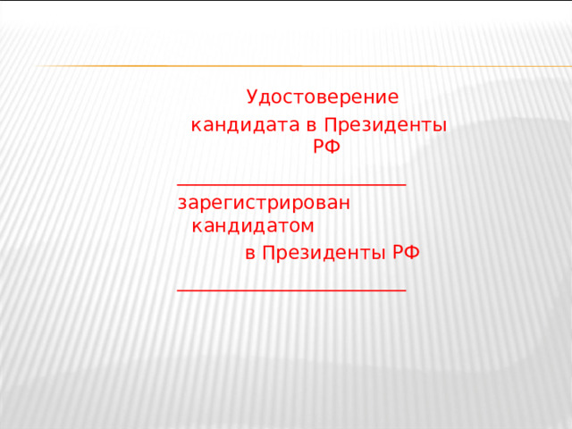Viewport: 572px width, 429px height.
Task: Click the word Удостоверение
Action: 322,97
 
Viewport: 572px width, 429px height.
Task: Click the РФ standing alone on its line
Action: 326,147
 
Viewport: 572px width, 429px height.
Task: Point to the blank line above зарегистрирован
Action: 292,183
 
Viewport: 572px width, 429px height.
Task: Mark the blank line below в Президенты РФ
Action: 292,290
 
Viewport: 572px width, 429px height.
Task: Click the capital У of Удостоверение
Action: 252,97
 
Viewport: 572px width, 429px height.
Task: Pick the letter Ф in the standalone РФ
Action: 333,147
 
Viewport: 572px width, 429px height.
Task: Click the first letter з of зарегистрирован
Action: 182,203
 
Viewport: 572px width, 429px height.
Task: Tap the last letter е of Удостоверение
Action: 393,97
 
